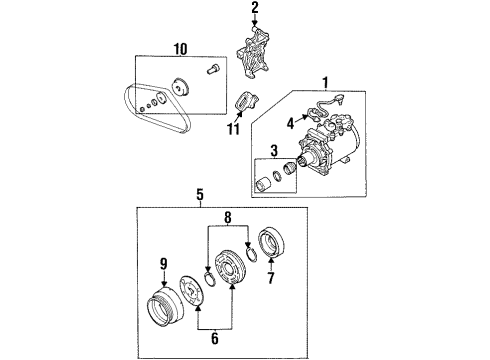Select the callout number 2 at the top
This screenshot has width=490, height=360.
click(x=254, y=8)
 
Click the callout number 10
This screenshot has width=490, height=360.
click(x=180, y=47)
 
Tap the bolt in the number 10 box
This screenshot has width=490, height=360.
click(x=213, y=70)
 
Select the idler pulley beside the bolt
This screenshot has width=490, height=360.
click(x=183, y=85)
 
